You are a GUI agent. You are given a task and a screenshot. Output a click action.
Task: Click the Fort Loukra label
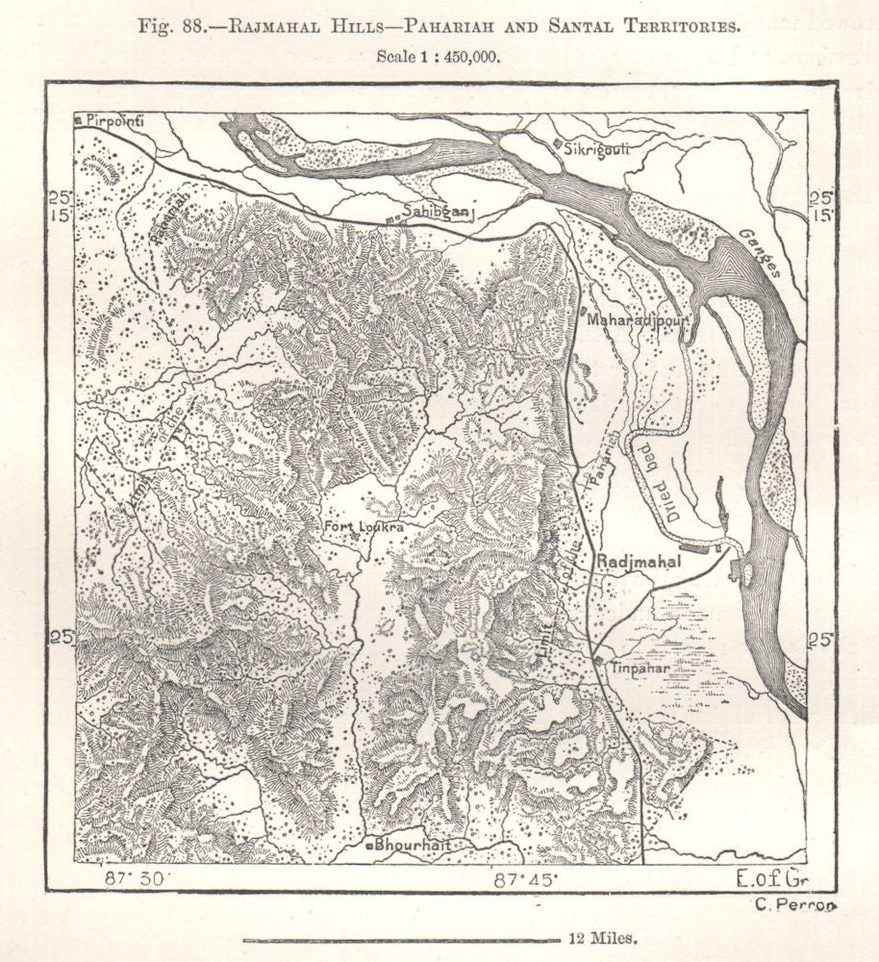[x=362, y=527]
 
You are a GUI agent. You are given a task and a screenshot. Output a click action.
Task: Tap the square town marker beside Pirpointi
[x=78, y=120]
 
